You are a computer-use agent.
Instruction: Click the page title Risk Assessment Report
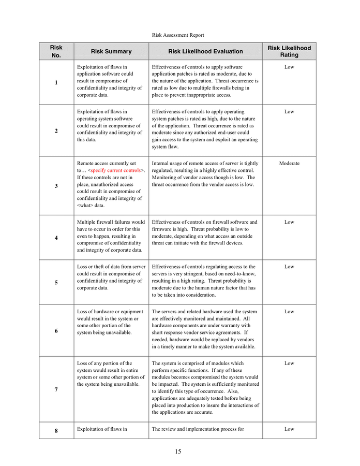[178, 35]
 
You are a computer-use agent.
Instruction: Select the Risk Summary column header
[111, 51]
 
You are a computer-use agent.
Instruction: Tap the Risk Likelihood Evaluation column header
[205, 51]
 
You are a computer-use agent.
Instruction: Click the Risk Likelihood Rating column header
[289, 51]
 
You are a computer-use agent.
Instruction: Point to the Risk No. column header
[56, 51]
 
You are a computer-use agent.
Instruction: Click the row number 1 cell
[56, 83]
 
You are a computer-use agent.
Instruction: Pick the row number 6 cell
[56, 331]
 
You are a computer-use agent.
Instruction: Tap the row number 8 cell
[56, 430]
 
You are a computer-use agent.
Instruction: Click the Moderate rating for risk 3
[289, 164]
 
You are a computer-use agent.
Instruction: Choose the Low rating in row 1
[289, 67]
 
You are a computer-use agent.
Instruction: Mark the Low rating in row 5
[289, 267]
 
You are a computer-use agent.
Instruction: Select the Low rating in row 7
[289, 363]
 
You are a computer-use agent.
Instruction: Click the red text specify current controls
[116, 170]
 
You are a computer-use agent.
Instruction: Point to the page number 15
[178, 452]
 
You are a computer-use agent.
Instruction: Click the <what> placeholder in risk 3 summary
[85, 205]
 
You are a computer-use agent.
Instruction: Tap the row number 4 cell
[56, 238]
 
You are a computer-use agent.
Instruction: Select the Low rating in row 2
[289, 112]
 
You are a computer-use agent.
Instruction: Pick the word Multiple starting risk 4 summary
[87, 222]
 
